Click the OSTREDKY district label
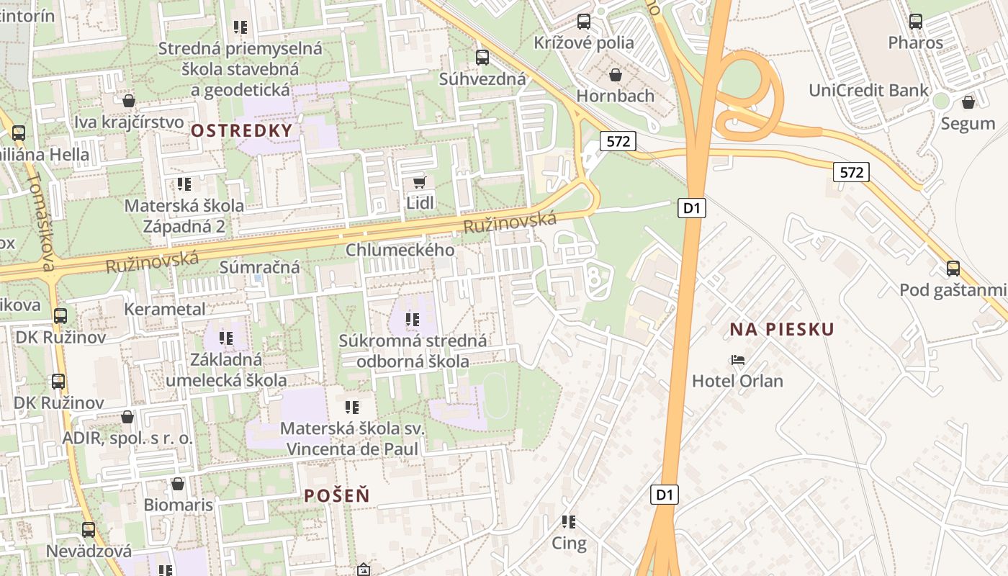point(242,131)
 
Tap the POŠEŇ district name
point(336,495)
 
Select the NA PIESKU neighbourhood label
point(782,330)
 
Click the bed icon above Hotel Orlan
point(737,360)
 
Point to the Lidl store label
point(420,203)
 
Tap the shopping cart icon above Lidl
point(419,183)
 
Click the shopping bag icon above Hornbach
point(615,75)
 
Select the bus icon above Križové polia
point(583,22)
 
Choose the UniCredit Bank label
point(868,91)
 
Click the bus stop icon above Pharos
point(915,22)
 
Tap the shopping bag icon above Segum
point(968,102)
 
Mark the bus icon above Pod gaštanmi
point(953,269)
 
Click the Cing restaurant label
point(569,544)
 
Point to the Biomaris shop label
point(179,505)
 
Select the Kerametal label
point(165,309)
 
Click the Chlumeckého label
point(400,250)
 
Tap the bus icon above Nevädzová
point(89,530)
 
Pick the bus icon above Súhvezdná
point(482,58)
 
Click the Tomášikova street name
point(40,223)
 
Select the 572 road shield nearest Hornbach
point(618,141)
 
